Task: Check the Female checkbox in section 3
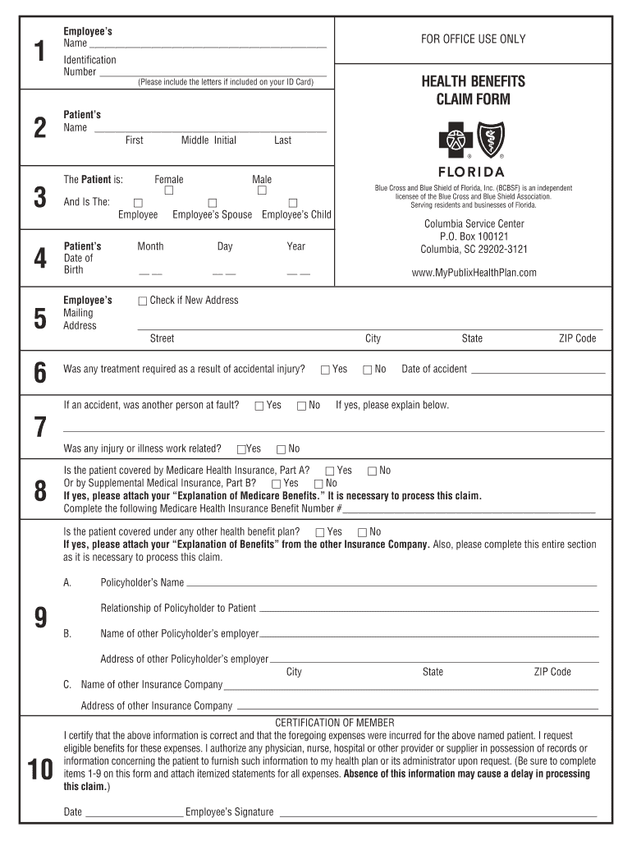click(169, 191)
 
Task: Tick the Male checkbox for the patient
click(262, 191)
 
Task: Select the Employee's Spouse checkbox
click(212, 203)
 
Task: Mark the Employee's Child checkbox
click(292, 203)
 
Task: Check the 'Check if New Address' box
click(144, 301)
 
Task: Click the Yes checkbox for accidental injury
click(326, 370)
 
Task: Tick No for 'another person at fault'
click(302, 406)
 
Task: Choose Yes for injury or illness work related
click(241, 449)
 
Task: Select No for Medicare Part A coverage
click(372, 471)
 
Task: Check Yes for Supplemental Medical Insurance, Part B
click(277, 483)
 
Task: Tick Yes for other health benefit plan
click(320, 532)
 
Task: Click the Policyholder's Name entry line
click(390, 584)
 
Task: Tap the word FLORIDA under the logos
click(472, 172)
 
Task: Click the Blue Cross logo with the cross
click(452, 140)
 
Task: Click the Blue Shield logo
click(491, 140)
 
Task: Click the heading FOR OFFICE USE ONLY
click(472, 39)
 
